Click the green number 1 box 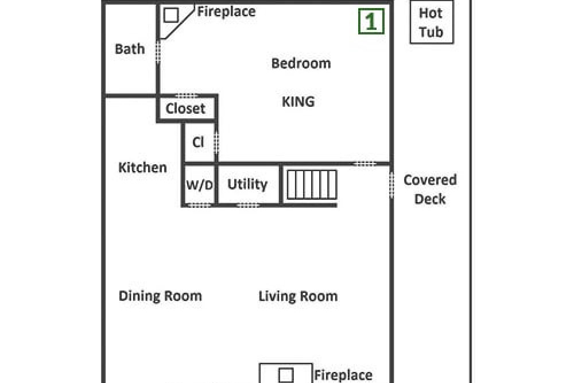[x=371, y=21]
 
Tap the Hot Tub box [x=432, y=22]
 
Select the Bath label [x=130, y=49]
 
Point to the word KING [x=298, y=102]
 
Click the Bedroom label [x=301, y=63]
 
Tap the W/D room [x=199, y=184]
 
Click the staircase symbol [x=312, y=184]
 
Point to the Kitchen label [x=142, y=168]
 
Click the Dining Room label [x=160, y=296]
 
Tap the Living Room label [x=298, y=296]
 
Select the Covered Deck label [x=430, y=189]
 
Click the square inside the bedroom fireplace [x=171, y=16]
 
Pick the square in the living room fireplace [x=285, y=376]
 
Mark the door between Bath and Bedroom [x=158, y=52]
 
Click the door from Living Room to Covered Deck [x=391, y=185]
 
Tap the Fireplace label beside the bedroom [x=226, y=11]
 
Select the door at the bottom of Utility [x=248, y=205]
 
